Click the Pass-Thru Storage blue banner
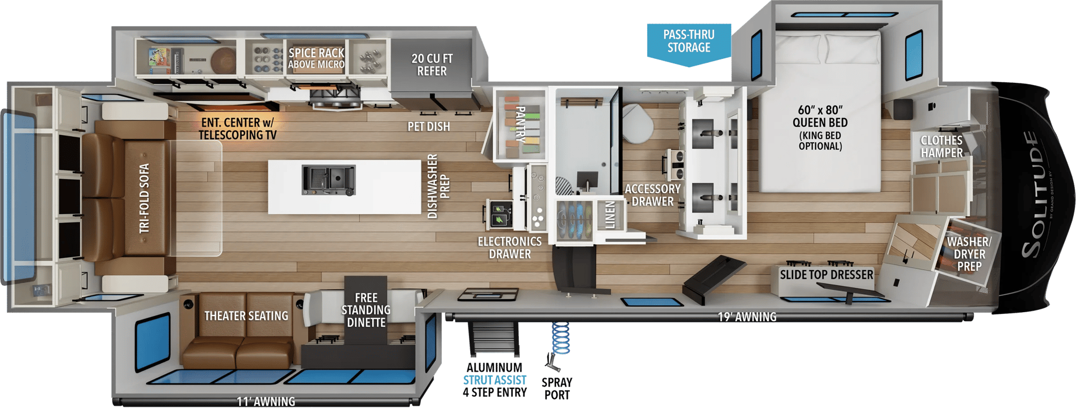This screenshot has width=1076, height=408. pos(689,44)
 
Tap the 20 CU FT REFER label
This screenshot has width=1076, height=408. pos(432,64)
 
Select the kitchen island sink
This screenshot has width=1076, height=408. pos(328,180)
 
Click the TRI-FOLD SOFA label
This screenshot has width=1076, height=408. pos(145,198)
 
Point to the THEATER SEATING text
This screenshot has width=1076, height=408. pos(246,316)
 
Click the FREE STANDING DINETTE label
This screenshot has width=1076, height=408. pos(366,310)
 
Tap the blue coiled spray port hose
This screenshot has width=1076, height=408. pos(560,338)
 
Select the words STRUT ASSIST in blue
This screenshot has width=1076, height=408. pos(494,380)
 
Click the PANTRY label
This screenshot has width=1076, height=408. pos(520,124)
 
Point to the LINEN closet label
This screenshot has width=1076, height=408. pos(610,215)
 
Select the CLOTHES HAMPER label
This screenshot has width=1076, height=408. pos(941,146)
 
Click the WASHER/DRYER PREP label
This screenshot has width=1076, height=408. pos(969,254)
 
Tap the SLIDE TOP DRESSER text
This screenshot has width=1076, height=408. pos(827,275)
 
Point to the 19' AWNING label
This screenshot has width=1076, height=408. pos(747,317)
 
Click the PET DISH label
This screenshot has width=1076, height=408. pos(429,127)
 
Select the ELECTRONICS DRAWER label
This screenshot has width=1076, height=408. pos(509,248)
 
